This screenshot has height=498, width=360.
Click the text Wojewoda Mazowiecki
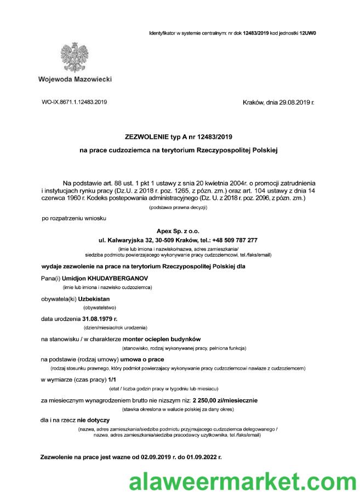(75, 80)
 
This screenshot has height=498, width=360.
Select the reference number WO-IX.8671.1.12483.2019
(75, 102)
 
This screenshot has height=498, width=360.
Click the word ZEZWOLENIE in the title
(150, 136)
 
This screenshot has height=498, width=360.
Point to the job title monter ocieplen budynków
(162, 339)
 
